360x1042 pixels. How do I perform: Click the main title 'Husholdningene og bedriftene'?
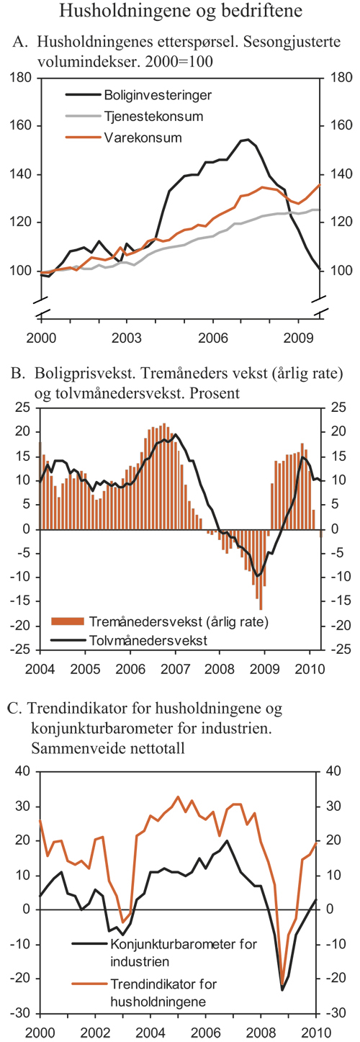(x=180, y=12)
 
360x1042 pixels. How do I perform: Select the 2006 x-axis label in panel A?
(x=212, y=336)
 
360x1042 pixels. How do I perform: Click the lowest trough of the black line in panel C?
(x=282, y=989)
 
